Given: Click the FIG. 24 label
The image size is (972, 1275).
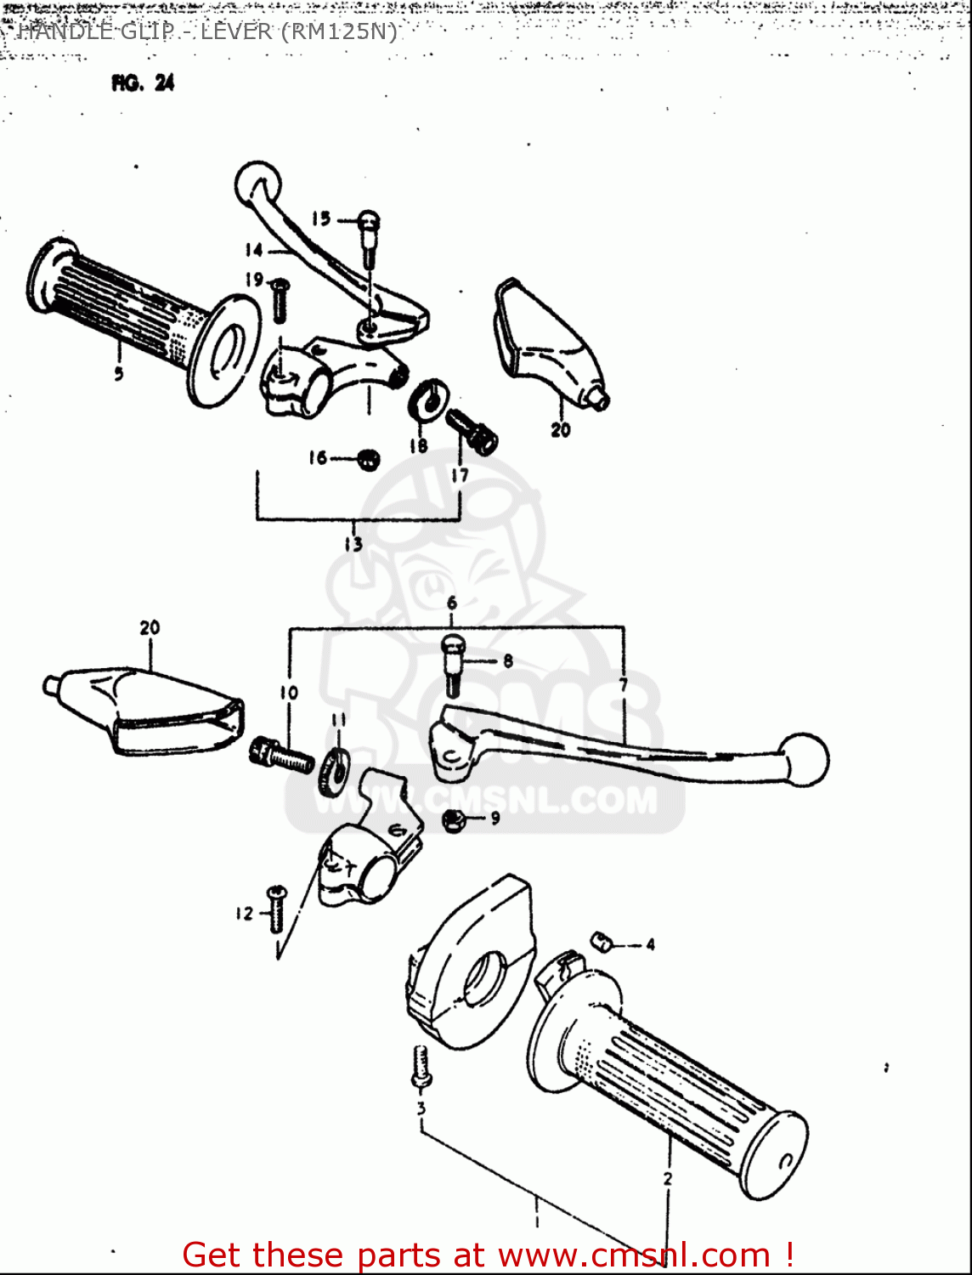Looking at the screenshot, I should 142,82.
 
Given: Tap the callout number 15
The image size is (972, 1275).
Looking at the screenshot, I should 320,218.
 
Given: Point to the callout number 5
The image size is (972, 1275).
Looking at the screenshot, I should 118,373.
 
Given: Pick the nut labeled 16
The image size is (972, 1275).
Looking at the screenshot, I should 368,460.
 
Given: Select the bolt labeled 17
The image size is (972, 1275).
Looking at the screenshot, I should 472,431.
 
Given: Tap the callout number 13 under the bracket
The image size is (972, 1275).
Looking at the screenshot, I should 353,544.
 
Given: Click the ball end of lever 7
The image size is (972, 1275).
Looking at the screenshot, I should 805,758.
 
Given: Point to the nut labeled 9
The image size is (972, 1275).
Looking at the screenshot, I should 453,820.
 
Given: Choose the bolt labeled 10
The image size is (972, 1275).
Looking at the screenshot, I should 281,755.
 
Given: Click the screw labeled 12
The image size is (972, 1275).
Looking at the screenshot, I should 277,908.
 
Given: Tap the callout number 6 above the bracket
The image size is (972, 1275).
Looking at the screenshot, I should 452,603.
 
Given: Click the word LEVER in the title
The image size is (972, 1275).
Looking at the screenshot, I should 235,31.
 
